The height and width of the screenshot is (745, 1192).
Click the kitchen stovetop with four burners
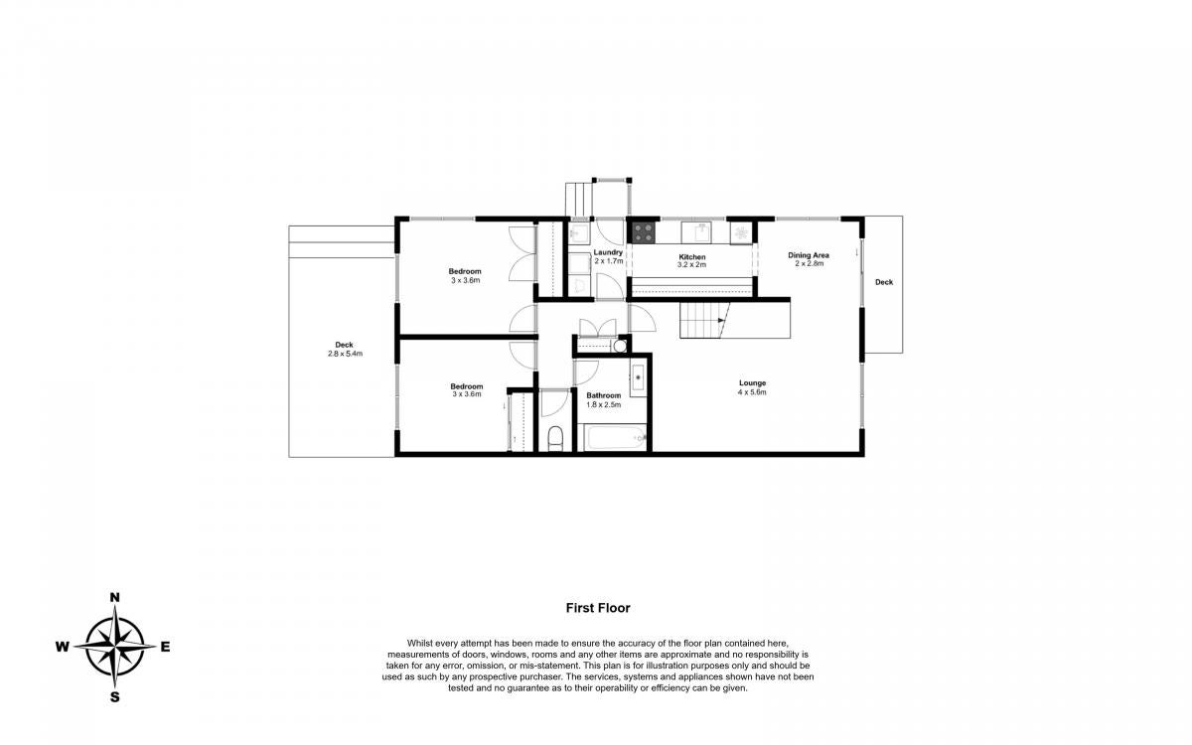643,232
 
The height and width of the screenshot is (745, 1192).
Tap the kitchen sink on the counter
696,232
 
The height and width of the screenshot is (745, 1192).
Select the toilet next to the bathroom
555,438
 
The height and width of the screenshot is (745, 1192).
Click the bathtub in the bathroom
615,437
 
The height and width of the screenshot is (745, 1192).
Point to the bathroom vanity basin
638,377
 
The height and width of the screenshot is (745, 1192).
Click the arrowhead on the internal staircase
721,320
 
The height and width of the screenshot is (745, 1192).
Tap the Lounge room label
753,383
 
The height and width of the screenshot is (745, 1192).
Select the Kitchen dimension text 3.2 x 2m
691,264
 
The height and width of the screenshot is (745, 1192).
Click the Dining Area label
809,255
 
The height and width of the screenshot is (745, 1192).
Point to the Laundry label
608,252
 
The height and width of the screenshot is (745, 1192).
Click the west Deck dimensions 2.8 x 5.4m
345,354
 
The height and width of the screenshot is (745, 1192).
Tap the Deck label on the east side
884,282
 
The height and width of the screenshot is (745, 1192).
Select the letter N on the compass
114,598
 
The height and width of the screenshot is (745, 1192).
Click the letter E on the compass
166,647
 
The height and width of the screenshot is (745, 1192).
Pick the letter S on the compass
114,697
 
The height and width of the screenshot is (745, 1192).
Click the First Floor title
598,608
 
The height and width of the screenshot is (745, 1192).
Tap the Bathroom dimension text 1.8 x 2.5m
604,404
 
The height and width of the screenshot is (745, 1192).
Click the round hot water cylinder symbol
620,347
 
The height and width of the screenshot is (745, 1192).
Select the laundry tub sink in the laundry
578,232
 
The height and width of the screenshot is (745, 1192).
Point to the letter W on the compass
63,647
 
